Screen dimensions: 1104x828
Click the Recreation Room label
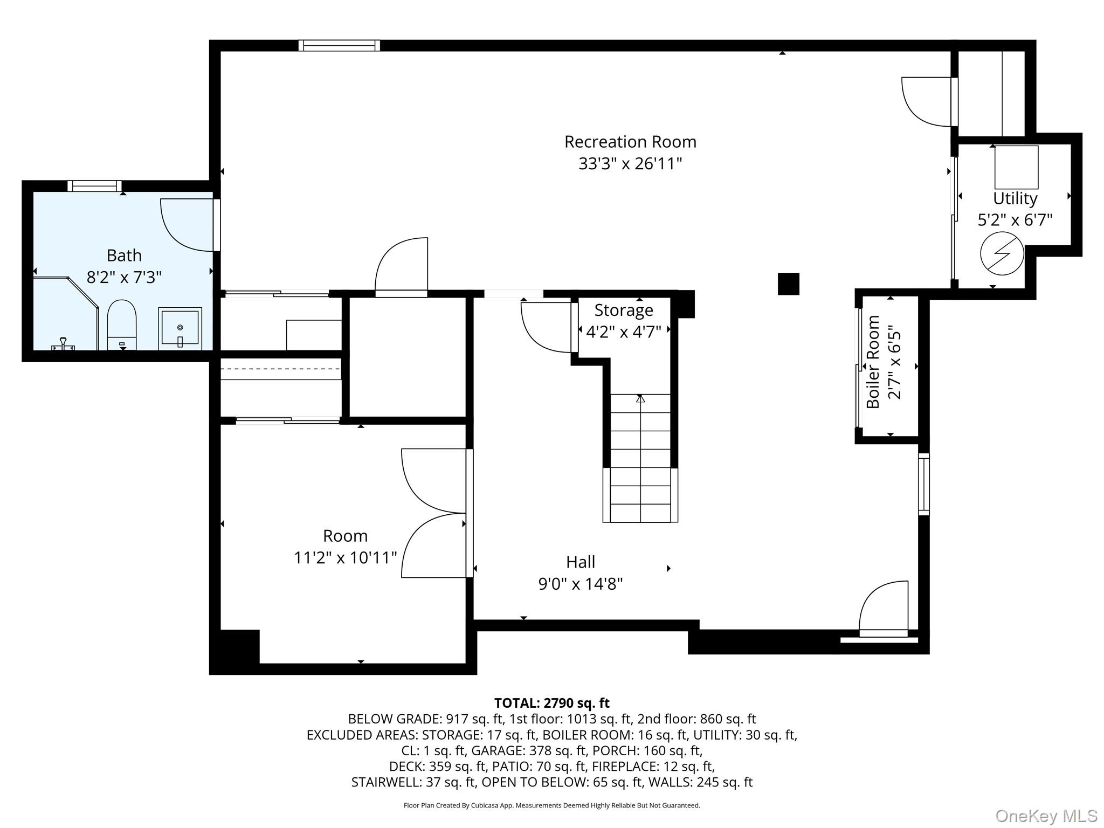click(630, 142)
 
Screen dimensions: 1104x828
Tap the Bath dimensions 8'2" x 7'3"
click(124, 277)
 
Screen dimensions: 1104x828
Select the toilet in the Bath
click(122, 325)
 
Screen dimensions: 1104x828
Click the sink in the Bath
click(180, 328)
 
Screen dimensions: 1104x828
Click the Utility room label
click(1015, 198)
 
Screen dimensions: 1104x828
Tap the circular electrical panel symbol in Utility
click(1002, 253)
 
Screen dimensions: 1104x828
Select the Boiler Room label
click(873, 362)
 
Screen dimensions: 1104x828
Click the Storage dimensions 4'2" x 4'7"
click(624, 332)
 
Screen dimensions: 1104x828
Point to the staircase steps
click(640, 458)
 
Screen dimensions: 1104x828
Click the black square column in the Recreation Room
click(788, 284)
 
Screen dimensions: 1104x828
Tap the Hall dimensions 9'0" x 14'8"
click(581, 584)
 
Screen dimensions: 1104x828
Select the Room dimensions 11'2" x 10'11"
click(345, 557)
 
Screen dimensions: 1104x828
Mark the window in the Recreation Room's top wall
click(339, 46)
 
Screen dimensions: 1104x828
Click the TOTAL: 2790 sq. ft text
click(552, 703)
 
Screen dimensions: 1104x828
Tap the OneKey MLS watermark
click(1046, 816)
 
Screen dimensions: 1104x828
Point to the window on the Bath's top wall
click(95, 186)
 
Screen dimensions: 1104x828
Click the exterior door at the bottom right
click(884, 610)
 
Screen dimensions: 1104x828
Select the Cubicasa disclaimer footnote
click(552, 805)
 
